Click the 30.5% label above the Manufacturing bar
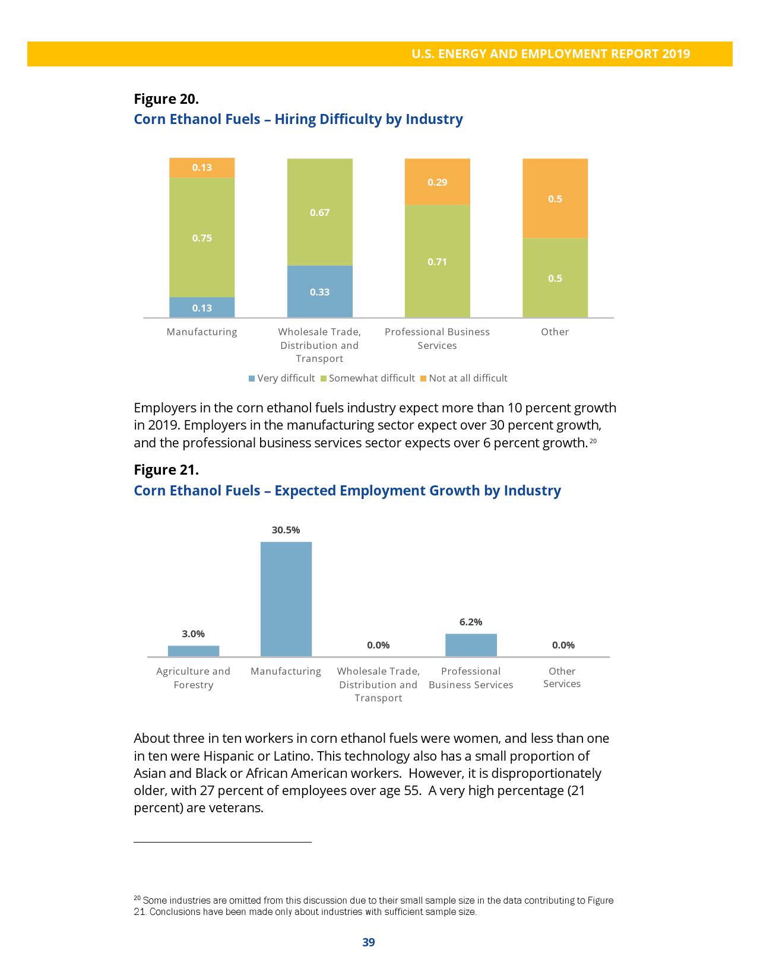(286, 530)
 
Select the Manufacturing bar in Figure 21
(286, 599)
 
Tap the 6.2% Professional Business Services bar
(471, 645)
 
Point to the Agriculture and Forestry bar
(194, 651)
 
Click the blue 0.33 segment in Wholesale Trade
(319, 291)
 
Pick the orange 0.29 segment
(437, 182)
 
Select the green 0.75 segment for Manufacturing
(202, 237)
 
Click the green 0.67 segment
(319, 212)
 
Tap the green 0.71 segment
(437, 261)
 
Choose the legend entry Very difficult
(281, 379)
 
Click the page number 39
(369, 942)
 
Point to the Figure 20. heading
(166, 98)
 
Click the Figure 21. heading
(166, 470)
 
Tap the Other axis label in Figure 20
(555, 332)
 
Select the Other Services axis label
(562, 678)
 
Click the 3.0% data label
(193, 634)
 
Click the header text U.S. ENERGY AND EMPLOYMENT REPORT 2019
(550, 54)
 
